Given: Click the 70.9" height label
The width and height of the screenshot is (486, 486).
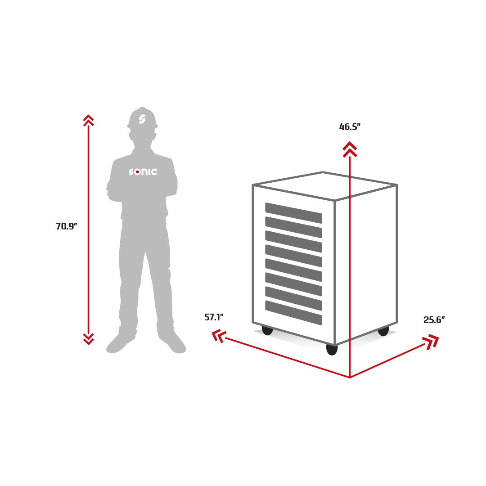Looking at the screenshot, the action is pos(66,226).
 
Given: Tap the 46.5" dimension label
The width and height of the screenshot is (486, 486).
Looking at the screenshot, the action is pos(350,127).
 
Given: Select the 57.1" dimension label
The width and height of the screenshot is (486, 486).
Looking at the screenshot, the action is pos(214,317).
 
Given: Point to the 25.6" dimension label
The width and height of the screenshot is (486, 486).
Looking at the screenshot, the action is pos(434,319).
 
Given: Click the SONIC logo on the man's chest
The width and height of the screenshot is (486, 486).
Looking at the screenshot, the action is pos(143,172).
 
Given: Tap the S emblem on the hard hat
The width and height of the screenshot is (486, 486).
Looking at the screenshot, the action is pos(142,119).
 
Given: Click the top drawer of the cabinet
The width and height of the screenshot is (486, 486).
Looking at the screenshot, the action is pos(293,213).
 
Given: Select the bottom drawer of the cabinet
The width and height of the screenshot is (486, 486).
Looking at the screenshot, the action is pos(293,313).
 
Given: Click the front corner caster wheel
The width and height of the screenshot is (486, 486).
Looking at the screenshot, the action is pos(332,349).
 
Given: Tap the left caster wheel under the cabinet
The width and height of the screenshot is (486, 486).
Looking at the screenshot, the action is pos(267,330).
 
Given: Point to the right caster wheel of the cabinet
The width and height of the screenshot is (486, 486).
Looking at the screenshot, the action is pos(383,331).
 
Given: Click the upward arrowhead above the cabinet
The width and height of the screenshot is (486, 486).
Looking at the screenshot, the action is pos(350,149).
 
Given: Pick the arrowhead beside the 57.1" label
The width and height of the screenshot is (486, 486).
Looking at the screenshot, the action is pos(219,336).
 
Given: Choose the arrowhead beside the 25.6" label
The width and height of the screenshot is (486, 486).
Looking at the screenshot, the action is pos(431,342).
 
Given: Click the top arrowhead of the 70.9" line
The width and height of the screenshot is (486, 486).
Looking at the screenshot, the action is pos(89,120).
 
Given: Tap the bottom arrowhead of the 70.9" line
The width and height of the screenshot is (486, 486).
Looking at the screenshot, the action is pos(89,339).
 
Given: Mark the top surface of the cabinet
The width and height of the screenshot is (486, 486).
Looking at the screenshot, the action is pos(324,186).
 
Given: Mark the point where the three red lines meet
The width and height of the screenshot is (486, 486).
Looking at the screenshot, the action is pos(350,378).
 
